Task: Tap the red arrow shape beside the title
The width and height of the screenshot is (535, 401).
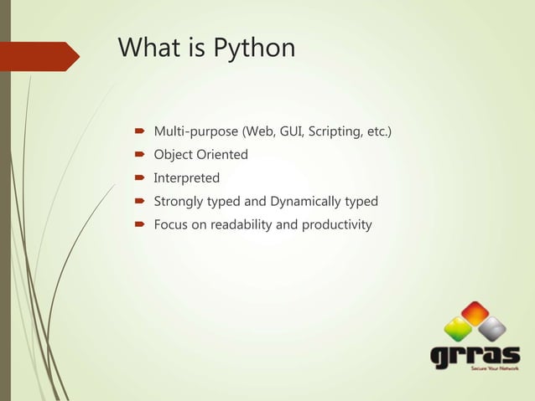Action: [x=43, y=56]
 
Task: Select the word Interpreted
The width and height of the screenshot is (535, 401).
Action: [x=186, y=177]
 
